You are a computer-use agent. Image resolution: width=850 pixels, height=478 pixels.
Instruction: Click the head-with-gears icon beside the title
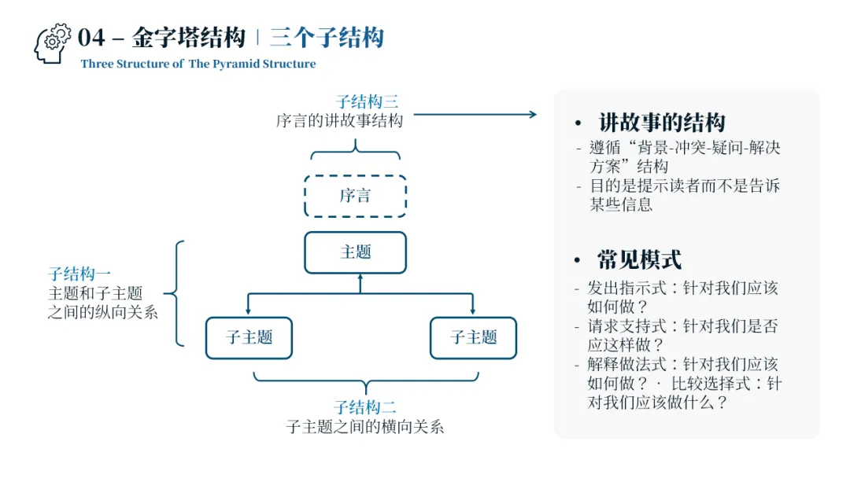53,42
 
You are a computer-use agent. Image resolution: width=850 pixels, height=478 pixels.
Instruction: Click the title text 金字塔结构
188,38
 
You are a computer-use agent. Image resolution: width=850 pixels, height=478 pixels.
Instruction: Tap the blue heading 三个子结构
327,38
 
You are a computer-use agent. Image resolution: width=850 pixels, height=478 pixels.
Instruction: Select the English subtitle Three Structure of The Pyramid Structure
198,64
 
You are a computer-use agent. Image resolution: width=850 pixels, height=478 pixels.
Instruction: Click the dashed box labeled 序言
356,196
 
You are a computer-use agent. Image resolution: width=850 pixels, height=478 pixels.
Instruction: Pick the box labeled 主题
356,252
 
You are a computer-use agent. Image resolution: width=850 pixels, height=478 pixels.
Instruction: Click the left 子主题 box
249,338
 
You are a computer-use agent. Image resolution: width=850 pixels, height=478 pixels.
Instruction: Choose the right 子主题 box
473,338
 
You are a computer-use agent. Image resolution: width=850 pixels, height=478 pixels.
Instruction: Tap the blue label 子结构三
367,102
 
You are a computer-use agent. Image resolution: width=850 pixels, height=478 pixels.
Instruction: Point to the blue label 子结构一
79,274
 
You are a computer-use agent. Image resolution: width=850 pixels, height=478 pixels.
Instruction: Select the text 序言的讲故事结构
339,121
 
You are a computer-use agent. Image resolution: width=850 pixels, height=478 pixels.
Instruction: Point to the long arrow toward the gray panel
475,115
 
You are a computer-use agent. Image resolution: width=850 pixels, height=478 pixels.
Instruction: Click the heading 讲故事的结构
661,123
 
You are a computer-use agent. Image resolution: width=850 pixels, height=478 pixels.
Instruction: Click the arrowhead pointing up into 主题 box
360,278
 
